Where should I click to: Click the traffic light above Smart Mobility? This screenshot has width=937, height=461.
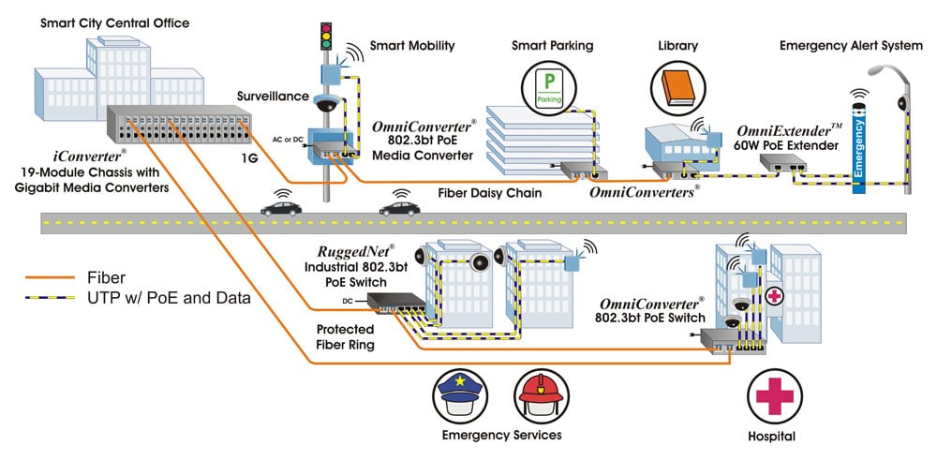[325, 37]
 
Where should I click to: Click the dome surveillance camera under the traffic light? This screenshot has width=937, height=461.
[327, 105]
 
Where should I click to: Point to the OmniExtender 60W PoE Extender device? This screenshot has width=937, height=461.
[781, 165]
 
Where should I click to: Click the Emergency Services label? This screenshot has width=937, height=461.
[501, 436]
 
